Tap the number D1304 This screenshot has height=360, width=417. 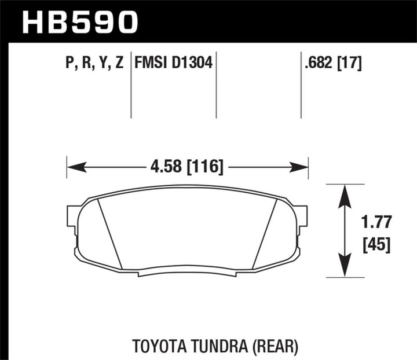pyautogui.click(x=191, y=63)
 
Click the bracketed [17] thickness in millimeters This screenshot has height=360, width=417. pyautogui.click(x=350, y=63)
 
